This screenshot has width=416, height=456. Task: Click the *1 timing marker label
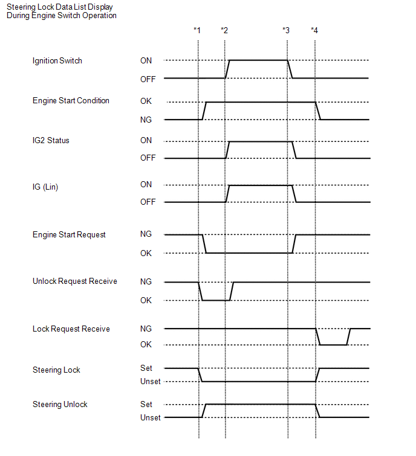pyautogui.click(x=197, y=30)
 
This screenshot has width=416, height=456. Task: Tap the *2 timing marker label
pyautogui.click(x=224, y=30)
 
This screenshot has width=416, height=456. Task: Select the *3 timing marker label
pyautogui.click(x=286, y=30)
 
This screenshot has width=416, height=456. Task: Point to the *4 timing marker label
pyautogui.click(x=314, y=30)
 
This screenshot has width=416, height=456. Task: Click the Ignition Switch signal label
pyautogui.click(x=57, y=60)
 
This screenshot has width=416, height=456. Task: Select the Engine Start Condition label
pyautogui.click(x=71, y=100)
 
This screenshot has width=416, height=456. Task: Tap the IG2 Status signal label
pyautogui.click(x=51, y=140)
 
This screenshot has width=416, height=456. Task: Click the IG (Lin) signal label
pyautogui.click(x=45, y=187)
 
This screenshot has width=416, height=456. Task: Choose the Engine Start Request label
pyautogui.click(x=69, y=234)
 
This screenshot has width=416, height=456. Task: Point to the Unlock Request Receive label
pyautogui.click(x=75, y=281)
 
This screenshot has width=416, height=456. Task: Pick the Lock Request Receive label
pyautogui.click(x=71, y=329)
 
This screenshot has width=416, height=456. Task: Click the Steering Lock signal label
pyautogui.click(x=56, y=370)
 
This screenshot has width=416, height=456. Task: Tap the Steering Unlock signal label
pyautogui.click(x=60, y=404)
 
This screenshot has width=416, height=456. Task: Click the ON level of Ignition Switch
pyautogui.click(x=146, y=60)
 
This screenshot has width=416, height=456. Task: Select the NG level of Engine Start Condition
pyautogui.click(x=146, y=120)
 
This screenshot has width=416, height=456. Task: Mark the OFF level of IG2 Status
pyautogui.click(x=148, y=158)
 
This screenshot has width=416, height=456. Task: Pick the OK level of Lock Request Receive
pyautogui.click(x=146, y=345)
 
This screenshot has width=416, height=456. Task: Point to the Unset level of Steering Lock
pyautogui.click(x=151, y=382)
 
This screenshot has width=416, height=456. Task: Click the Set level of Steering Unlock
pyautogui.click(x=146, y=404)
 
